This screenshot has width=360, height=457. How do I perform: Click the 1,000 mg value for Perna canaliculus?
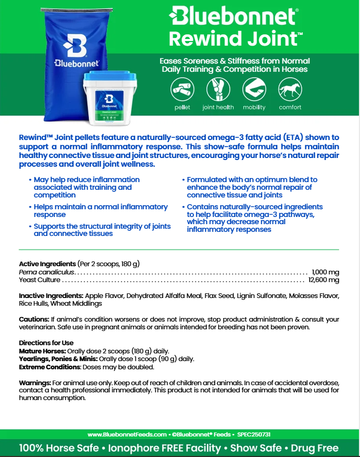[x=325, y=272]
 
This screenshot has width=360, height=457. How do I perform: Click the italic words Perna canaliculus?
[x=47, y=272]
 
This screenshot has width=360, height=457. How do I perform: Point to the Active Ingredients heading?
[x=47, y=264]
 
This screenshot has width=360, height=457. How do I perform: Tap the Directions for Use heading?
[x=46, y=343]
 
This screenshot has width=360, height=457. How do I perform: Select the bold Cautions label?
[x=34, y=319]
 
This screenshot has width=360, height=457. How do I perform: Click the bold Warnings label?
[x=35, y=383]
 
